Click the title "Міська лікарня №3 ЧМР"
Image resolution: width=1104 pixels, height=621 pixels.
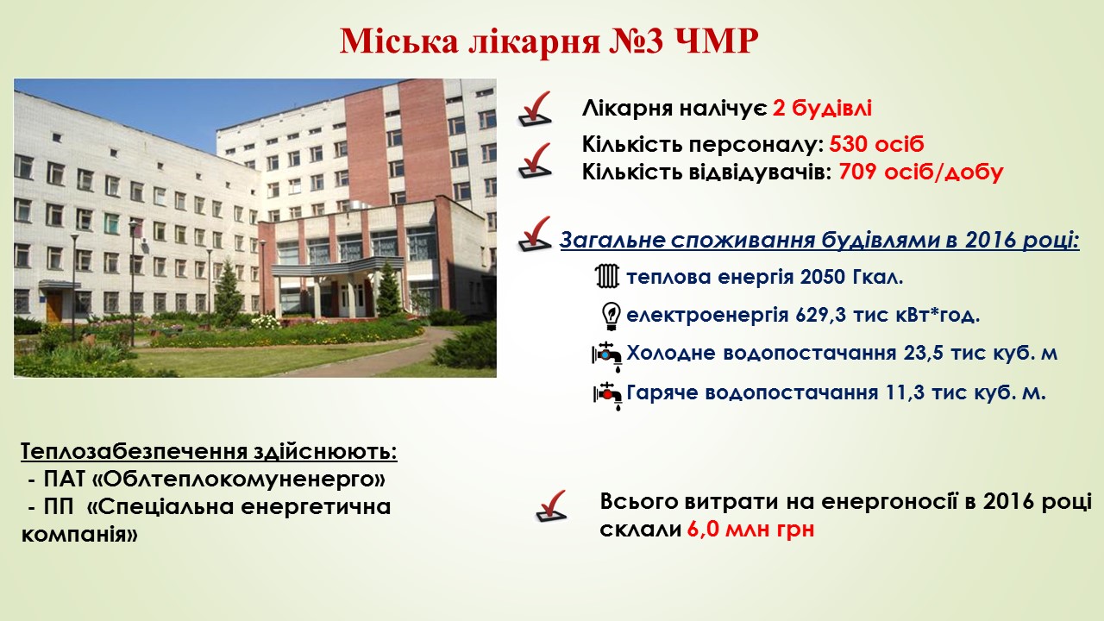pos(549,41)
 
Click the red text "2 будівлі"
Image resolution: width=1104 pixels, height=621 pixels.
pos(822,108)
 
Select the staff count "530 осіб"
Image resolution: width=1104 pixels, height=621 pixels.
pos(876,144)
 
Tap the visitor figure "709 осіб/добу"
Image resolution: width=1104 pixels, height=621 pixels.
pos(920,172)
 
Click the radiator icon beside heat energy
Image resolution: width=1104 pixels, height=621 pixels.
pos(606,276)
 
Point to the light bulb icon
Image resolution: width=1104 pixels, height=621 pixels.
pos(611,316)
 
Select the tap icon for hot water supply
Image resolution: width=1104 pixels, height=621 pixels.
pos(607,396)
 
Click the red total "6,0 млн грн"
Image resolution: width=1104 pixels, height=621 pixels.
pos(750,530)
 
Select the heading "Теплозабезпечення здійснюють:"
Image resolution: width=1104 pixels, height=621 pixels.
pos(209,452)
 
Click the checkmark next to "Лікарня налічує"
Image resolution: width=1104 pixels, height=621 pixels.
pos(535,109)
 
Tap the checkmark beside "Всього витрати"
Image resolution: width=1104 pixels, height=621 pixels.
pos(551,506)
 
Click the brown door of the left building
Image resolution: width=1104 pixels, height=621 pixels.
pos(54,306)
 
